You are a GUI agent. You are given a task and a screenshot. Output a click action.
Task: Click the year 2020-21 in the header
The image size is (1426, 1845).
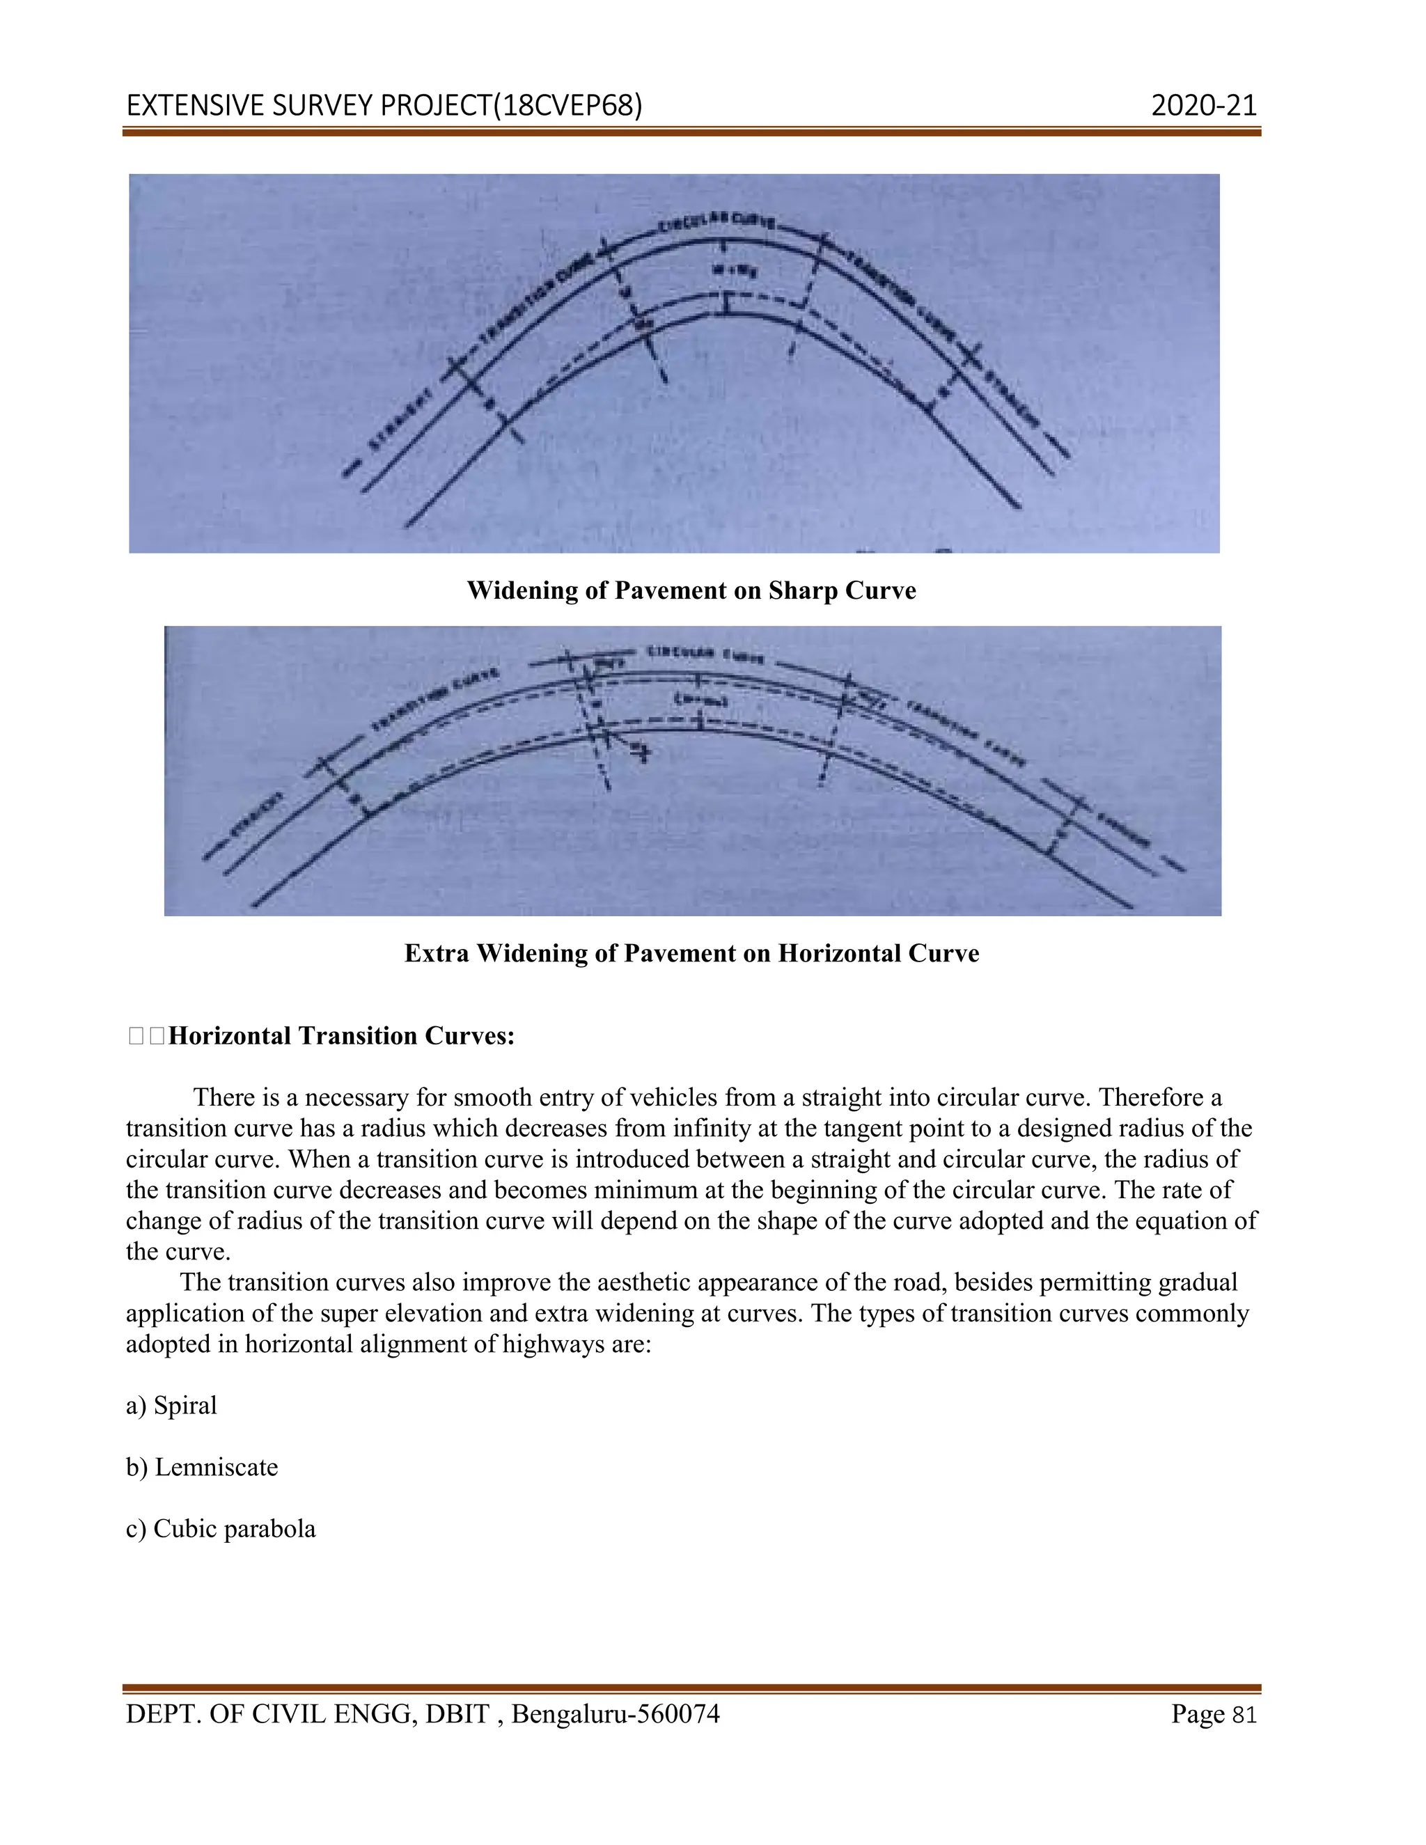(1204, 106)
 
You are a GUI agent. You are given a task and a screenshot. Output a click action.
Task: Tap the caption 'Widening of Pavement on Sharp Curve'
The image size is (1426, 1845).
(691, 590)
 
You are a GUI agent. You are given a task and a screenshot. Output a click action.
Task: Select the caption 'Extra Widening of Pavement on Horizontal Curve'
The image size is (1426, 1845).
(691, 953)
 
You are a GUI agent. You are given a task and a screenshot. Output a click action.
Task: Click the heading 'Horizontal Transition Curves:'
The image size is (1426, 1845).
(341, 1036)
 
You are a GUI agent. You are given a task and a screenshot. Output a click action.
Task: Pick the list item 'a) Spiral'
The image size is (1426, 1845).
(171, 1406)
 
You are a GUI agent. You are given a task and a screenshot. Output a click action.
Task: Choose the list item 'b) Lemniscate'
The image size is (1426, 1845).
(202, 1468)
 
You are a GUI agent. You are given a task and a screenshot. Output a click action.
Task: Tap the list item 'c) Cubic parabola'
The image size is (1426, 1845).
(221, 1529)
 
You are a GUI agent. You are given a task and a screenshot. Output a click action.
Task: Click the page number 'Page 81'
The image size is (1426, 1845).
(1214, 1714)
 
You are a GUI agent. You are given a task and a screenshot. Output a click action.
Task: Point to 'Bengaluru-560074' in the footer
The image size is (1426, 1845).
(616, 1714)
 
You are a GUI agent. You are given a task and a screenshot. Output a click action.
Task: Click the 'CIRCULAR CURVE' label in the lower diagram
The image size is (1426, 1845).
(706, 654)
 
